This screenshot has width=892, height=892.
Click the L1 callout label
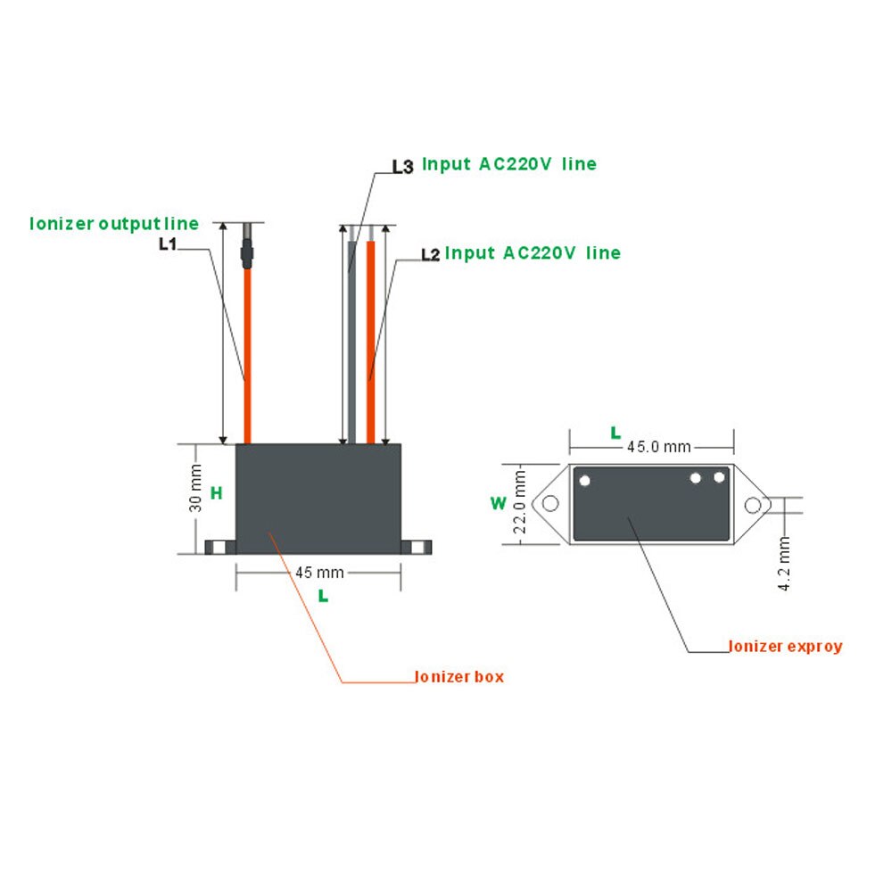pyautogui.click(x=167, y=243)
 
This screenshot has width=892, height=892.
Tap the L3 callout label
pyautogui.click(x=402, y=166)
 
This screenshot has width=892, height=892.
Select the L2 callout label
pyautogui.click(x=430, y=255)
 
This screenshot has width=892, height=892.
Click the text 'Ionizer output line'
pyautogui.click(x=114, y=223)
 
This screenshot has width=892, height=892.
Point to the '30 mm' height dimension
pyautogui.click(x=196, y=490)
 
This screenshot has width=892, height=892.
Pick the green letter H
pyautogui.click(x=216, y=492)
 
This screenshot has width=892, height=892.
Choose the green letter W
pyautogui.click(x=498, y=503)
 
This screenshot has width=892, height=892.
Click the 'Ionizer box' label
pyautogui.click(x=459, y=676)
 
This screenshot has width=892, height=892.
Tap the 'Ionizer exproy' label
pyautogui.click(x=785, y=646)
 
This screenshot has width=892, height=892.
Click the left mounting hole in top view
pyautogui.click(x=550, y=504)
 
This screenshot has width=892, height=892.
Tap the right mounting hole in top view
pyautogui.click(x=753, y=505)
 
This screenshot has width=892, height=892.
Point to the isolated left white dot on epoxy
pyautogui.click(x=585, y=481)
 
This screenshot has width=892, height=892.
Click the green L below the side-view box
pyautogui.click(x=323, y=596)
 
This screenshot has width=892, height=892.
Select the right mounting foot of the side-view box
pyautogui.click(x=415, y=547)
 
